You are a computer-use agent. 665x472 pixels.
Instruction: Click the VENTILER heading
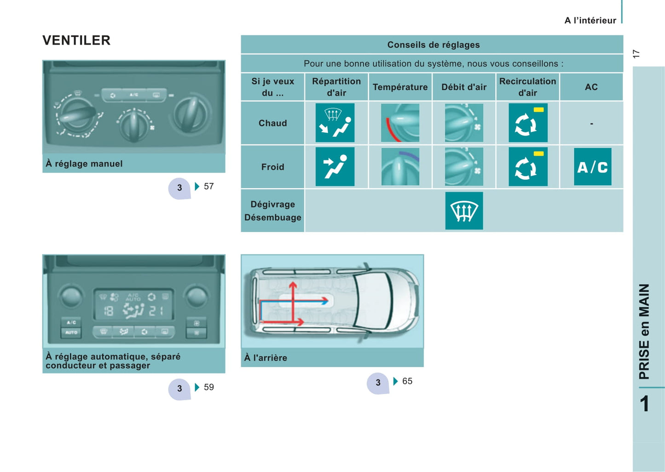76,40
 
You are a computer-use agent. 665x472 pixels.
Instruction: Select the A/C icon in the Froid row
593,167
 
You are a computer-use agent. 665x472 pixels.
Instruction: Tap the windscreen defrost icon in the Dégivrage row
464,211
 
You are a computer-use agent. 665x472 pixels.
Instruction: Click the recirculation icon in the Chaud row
528,123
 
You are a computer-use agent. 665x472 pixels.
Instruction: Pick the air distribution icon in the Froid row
335,167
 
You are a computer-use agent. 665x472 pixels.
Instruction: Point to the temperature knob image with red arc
400,123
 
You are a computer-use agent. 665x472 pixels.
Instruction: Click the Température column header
400,87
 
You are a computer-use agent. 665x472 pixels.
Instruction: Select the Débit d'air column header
464,87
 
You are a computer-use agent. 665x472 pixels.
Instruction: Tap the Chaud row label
273,123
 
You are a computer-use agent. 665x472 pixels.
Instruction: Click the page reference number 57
208,186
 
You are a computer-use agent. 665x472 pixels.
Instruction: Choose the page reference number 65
407,381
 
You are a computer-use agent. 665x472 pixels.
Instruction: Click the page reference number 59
208,387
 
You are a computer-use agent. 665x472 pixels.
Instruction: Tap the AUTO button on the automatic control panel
71,333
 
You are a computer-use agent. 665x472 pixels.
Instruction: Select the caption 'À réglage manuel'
84,164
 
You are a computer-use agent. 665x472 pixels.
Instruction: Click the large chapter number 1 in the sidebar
644,404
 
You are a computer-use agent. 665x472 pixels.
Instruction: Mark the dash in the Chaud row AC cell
592,123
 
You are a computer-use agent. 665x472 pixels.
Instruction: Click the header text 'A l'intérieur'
590,20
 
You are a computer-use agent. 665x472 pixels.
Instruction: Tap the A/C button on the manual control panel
134,95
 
